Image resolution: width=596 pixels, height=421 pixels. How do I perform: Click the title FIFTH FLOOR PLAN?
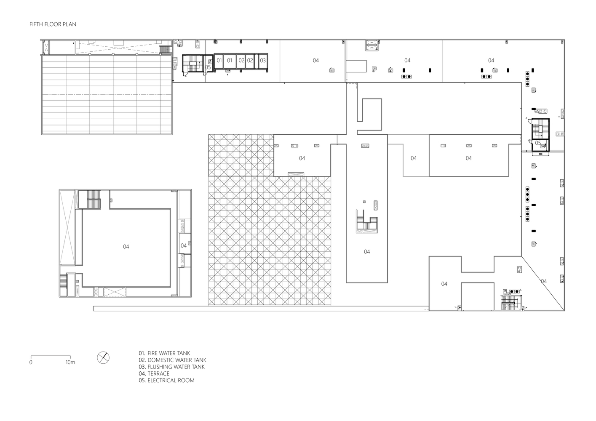click(x=53, y=24)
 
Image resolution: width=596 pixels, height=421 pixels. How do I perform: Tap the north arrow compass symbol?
click(x=103, y=358)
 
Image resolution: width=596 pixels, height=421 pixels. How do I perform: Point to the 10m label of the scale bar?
click(x=70, y=362)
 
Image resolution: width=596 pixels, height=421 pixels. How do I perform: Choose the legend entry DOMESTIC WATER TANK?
click(x=176, y=360)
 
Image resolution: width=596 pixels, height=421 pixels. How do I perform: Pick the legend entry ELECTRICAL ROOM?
click(x=171, y=380)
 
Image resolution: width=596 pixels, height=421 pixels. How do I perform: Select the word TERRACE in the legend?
click(x=158, y=373)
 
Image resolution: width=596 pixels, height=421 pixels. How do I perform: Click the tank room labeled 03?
click(x=263, y=61)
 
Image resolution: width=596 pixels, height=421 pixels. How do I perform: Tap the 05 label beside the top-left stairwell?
click(x=208, y=67)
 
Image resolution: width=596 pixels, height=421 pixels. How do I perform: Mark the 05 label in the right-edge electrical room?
click(x=538, y=143)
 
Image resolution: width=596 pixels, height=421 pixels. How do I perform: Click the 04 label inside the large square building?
click(x=126, y=247)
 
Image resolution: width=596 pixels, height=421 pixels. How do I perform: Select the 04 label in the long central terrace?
click(x=367, y=252)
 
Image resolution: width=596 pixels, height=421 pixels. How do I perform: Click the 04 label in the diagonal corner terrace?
click(x=544, y=281)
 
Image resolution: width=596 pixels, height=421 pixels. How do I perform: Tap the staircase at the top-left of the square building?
click(x=94, y=199)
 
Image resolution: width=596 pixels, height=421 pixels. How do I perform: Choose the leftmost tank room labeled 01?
click(x=219, y=61)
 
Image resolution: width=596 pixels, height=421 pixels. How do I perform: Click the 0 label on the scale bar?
click(x=31, y=362)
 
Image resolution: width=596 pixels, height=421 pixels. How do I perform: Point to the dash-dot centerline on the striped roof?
click(x=107, y=94)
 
